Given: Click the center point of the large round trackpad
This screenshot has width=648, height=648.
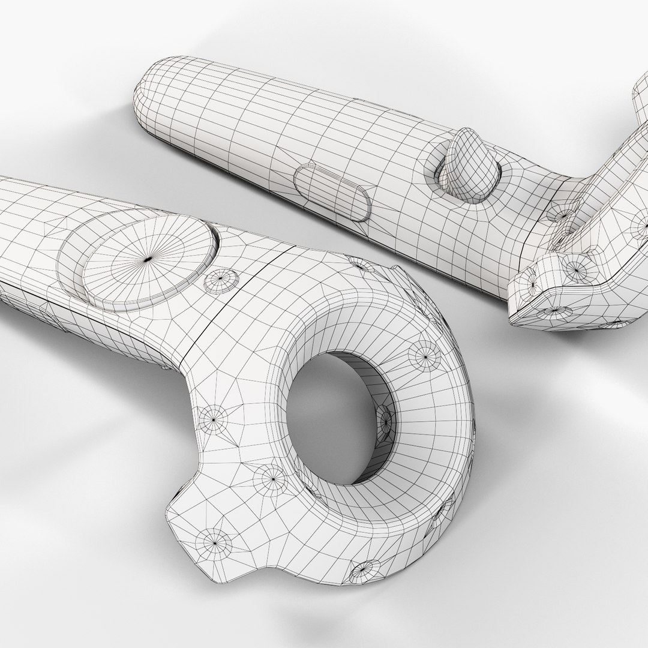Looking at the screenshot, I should click(148, 259).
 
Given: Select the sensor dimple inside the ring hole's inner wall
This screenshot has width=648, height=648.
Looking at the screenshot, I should click(386, 420).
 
